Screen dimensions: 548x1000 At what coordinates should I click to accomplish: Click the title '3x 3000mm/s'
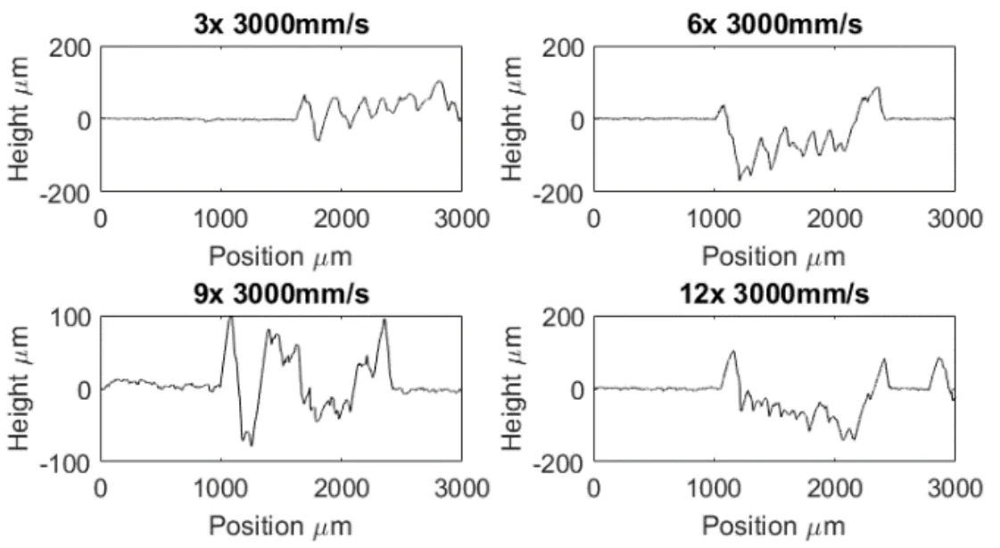click(280, 23)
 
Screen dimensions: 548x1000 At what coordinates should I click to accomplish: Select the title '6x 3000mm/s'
click(773, 23)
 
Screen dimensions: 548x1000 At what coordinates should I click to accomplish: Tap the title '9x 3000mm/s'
click(280, 294)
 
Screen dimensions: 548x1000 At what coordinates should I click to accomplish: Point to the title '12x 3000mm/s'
click(773, 294)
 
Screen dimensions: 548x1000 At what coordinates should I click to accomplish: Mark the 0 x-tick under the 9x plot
click(100, 487)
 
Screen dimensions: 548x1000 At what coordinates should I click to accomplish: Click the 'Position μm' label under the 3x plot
click(280, 256)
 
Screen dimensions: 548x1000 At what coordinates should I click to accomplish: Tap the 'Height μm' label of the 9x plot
click(25, 389)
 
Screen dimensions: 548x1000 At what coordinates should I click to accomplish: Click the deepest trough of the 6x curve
click(740, 179)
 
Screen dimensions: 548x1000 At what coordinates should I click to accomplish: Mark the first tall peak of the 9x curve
click(230, 318)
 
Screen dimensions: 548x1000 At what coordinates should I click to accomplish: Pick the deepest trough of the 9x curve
click(252, 444)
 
